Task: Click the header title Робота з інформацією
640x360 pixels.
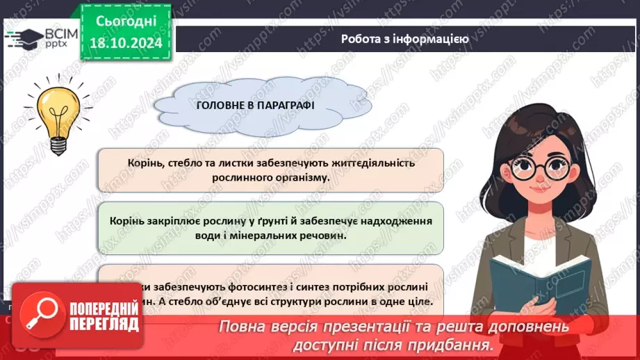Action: [404, 39]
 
